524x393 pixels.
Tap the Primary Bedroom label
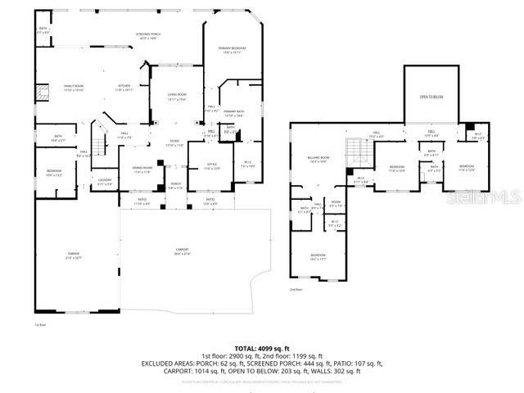coord(233,51)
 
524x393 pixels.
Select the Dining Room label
coord(142,169)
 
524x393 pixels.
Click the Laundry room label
coord(105,182)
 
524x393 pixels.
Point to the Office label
coord(210,166)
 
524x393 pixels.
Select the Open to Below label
coord(431,97)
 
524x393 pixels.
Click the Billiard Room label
coord(319,159)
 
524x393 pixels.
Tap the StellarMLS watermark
coord(488,196)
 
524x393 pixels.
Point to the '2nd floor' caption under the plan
coord(295,289)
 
